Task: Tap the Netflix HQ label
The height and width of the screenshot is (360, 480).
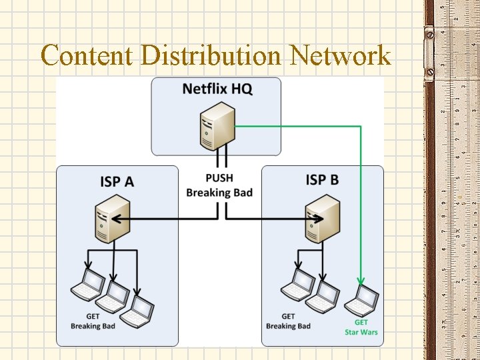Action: (x=217, y=89)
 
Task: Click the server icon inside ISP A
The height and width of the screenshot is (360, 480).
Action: (x=111, y=218)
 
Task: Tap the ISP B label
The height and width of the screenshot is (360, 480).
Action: (x=322, y=180)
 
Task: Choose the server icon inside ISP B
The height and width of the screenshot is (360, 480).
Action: (x=323, y=218)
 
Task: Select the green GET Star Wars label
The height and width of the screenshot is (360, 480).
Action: (x=361, y=327)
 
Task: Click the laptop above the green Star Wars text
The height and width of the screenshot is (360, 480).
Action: (x=361, y=301)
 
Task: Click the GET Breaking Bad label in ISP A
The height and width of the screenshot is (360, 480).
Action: (x=93, y=321)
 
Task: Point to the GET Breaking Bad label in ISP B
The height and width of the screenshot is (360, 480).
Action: (x=288, y=321)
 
